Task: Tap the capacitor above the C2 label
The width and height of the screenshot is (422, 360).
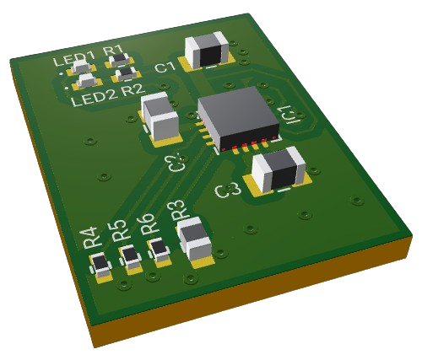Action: pyautogui.click(x=160, y=116)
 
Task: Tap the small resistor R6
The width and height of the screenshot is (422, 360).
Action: pyautogui.click(x=159, y=249)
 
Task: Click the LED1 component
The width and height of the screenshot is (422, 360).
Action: pyautogui.click(x=81, y=66)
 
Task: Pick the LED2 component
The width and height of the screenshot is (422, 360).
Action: pyautogui.click(x=86, y=81)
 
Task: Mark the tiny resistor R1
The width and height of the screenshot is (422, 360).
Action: pyautogui.click(x=120, y=60)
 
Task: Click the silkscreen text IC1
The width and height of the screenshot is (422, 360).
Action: pyautogui.click(x=288, y=116)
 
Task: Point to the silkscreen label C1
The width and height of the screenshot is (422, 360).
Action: pyautogui.click(x=165, y=67)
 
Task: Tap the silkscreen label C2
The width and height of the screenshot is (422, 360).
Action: pyautogui.click(x=176, y=161)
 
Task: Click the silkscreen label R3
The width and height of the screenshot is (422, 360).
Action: pyautogui.click(x=178, y=211)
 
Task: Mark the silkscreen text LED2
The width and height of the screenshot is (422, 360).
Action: pyautogui.click(x=93, y=99)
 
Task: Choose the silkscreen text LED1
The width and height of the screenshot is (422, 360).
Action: pyautogui.click(x=69, y=60)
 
